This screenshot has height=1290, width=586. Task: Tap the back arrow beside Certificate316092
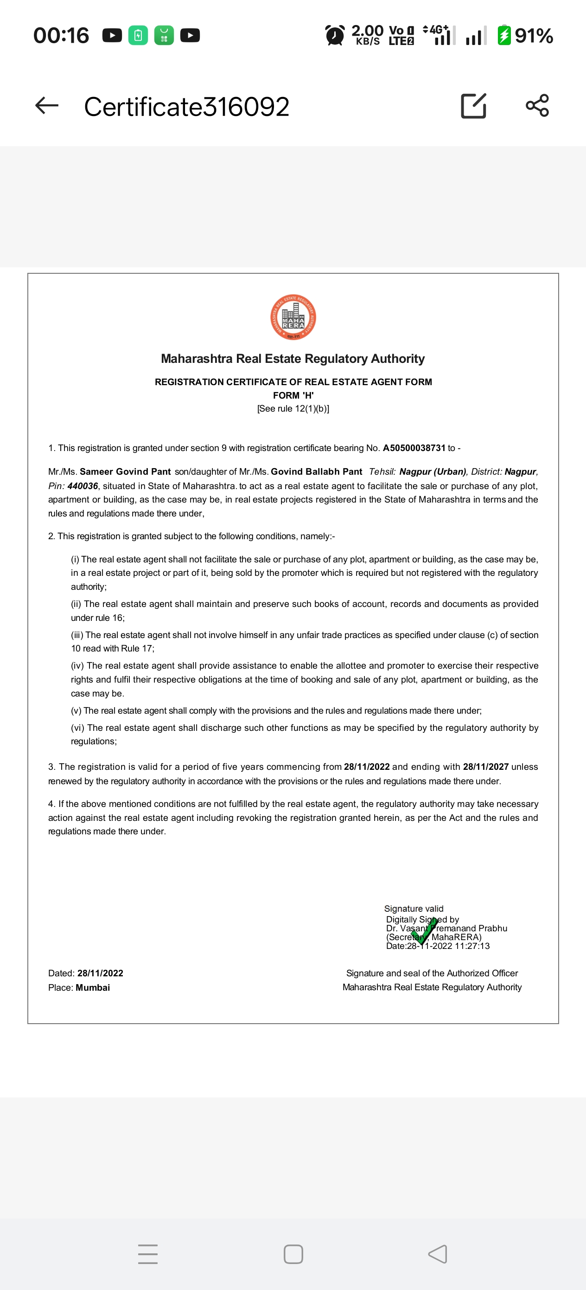pos(47,106)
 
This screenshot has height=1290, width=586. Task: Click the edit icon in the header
pos(473,106)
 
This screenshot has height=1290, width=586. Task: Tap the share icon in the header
pos(537,106)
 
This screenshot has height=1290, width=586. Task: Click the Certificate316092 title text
pos(187,107)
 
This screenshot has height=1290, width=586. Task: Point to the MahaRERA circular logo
pos(293,317)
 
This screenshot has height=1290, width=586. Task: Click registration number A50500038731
pos(414,448)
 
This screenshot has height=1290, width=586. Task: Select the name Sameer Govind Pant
pos(125,472)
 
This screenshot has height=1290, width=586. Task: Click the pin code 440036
pos(83,486)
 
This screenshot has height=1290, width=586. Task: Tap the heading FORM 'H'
pos(293,395)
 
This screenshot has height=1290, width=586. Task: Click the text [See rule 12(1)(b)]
pos(293,409)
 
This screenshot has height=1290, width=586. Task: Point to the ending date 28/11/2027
pos(485,767)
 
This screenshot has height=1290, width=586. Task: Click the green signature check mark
pos(425,931)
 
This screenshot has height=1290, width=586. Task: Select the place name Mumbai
pos(93,987)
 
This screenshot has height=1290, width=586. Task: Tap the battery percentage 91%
pos(534,36)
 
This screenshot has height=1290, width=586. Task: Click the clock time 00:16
pos(61,36)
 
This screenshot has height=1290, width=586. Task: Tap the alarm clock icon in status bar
pos(335,36)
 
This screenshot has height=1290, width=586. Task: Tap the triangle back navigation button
pos(438,1254)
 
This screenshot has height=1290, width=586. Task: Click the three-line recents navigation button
pos(147,1254)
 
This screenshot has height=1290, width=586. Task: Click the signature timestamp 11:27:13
pos(472,946)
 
